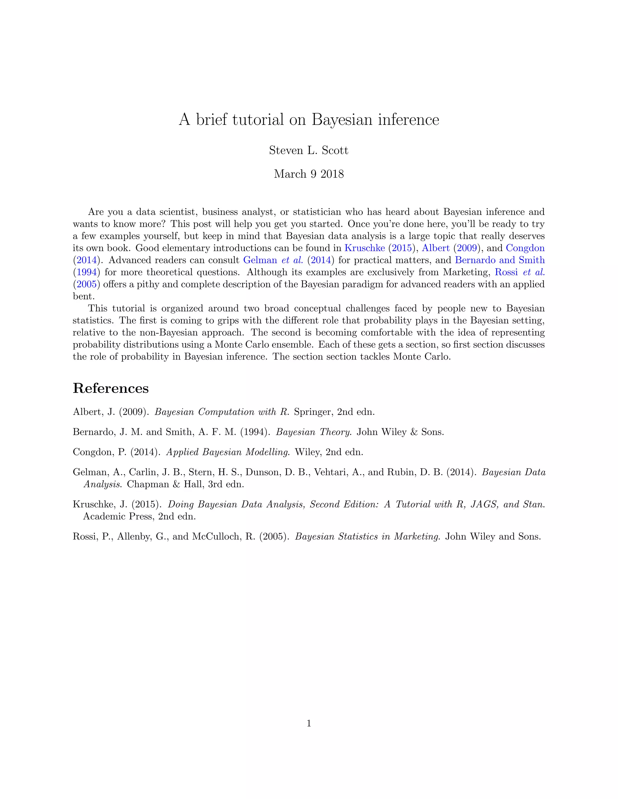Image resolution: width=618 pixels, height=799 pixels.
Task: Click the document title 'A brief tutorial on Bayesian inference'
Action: tap(309, 120)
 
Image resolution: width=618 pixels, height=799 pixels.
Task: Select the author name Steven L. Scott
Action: tap(309, 150)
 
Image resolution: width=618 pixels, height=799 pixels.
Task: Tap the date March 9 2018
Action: tap(309, 174)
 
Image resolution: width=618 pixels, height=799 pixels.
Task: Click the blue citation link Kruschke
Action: tap(365, 248)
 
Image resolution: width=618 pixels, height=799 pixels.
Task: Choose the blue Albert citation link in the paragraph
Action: tap(436, 248)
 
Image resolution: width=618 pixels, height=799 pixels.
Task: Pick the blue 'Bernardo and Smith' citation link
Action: tap(500, 260)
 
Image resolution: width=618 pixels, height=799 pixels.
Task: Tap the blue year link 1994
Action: tap(87, 272)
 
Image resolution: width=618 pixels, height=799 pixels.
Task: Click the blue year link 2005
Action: tap(87, 284)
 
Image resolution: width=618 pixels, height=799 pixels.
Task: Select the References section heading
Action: tap(110, 388)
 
